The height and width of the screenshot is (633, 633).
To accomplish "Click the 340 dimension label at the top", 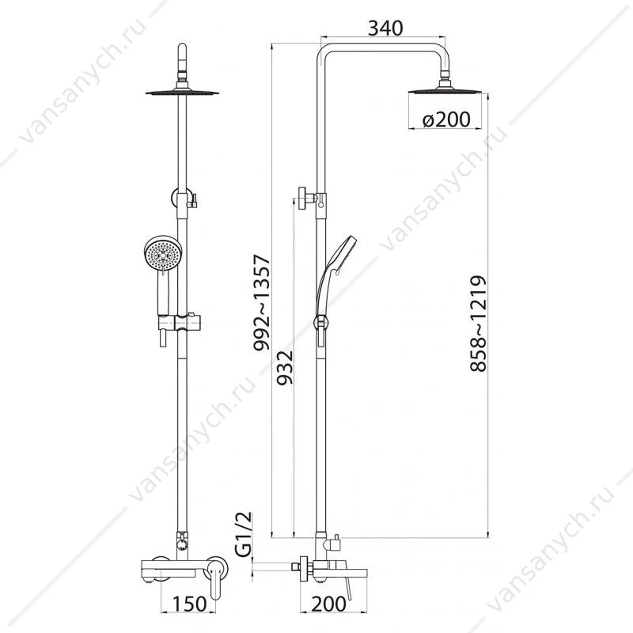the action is point(385,28).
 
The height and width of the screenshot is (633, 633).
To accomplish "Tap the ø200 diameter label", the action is point(446,119).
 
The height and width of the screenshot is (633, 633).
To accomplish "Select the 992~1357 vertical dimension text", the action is point(261,303).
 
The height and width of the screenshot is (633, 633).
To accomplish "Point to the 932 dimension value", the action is point(284,367).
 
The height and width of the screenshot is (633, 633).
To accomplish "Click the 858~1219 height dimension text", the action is point(479,324).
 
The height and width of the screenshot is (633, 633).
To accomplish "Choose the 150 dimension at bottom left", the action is point(189,604).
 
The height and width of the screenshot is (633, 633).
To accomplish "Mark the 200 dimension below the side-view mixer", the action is point(328,604).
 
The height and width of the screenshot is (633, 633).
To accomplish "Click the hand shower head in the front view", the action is point(163,254).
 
